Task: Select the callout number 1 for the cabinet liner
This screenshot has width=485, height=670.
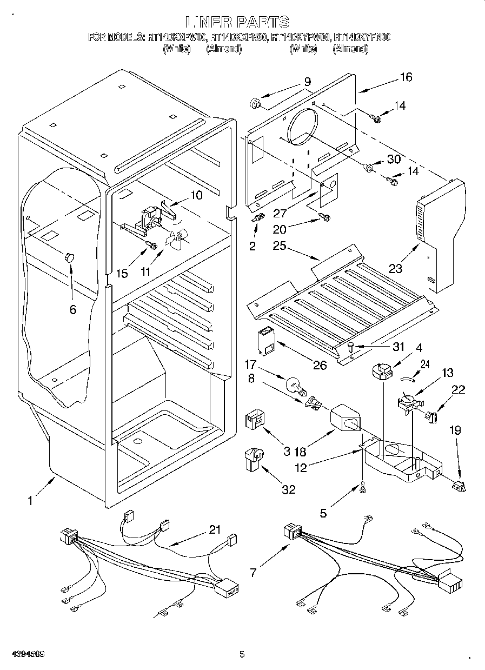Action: pyautogui.click(x=30, y=501)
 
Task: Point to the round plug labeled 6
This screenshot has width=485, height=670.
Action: pyautogui.click(x=69, y=257)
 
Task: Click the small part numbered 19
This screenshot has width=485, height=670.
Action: pyautogui.click(x=459, y=486)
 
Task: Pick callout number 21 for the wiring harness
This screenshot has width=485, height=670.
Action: pyautogui.click(x=215, y=530)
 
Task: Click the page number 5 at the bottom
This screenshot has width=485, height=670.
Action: pyautogui.click(x=242, y=654)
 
